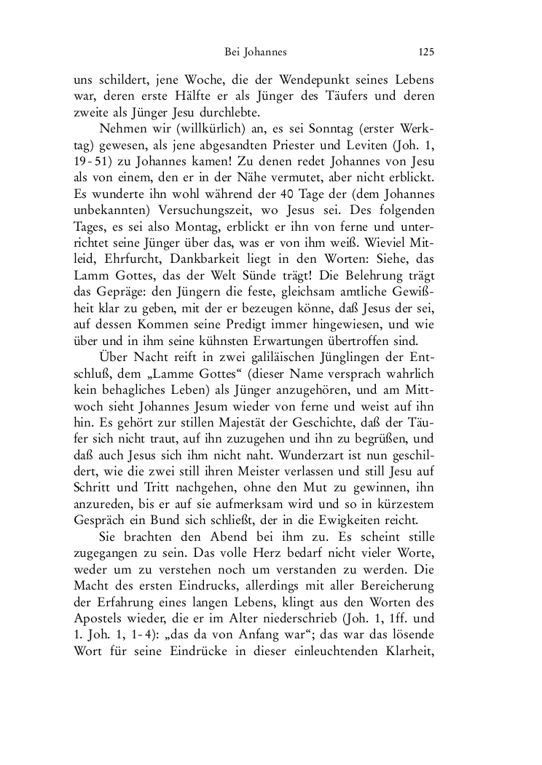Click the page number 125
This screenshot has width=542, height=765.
426,52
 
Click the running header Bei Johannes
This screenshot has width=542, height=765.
256,52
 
